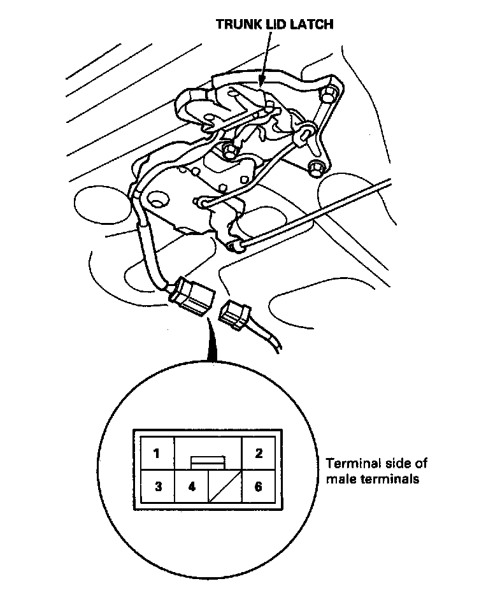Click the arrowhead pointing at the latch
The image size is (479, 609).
click(x=262, y=79)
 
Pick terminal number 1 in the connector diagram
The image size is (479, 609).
click(x=156, y=454)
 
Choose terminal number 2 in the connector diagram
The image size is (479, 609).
click(x=259, y=454)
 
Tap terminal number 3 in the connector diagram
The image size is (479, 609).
click(x=157, y=487)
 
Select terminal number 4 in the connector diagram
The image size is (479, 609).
click(x=192, y=487)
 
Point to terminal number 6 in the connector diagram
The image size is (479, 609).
click(x=259, y=487)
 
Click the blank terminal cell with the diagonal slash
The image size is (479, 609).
click(x=225, y=487)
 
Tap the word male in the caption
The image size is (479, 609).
click(x=339, y=478)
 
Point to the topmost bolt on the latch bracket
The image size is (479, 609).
click(x=329, y=96)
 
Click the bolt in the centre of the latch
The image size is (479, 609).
click(x=225, y=152)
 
